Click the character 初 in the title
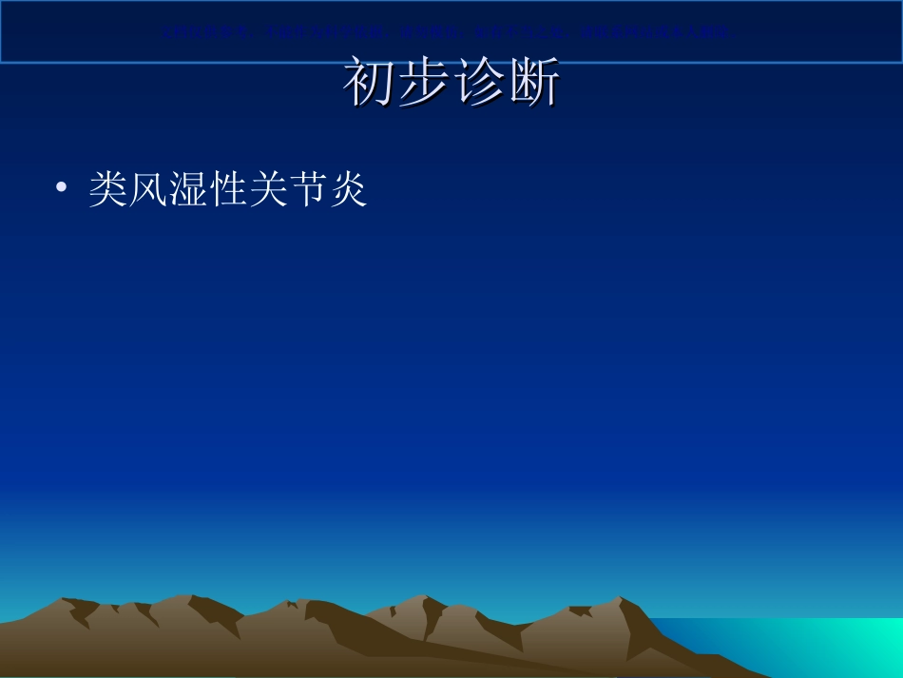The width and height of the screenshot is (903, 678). click(370, 83)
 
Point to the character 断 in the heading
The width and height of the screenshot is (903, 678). click(532, 83)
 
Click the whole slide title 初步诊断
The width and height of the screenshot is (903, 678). click(451, 83)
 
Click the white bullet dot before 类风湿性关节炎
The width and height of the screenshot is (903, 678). click(62, 189)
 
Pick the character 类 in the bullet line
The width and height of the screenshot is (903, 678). click(108, 189)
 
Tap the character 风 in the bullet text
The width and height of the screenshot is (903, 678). click(148, 189)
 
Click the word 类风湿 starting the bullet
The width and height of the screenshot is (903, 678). click(148, 189)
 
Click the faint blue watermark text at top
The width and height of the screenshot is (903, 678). click(447, 32)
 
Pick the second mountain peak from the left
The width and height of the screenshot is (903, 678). click(190, 597)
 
